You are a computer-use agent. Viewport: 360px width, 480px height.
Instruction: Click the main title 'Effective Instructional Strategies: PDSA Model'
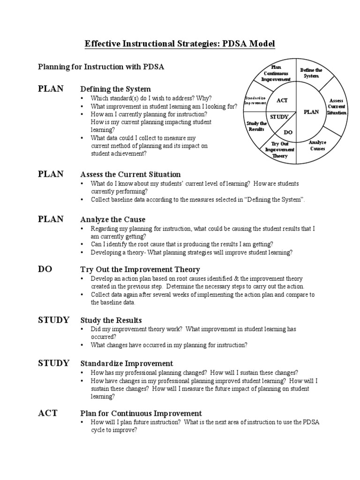pyautogui.click(x=180, y=44)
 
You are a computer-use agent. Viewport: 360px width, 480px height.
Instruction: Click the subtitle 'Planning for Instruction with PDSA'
pyautogui.click(x=101, y=67)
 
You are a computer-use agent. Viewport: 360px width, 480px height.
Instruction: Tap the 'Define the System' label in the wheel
pyautogui.click(x=311, y=73)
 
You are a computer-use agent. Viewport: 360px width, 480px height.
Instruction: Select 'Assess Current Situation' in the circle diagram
pyautogui.click(x=337, y=107)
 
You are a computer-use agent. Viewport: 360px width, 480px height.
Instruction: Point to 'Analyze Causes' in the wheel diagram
pyautogui.click(x=318, y=145)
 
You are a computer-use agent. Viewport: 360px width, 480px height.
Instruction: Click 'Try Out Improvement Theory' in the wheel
pyautogui.click(x=279, y=150)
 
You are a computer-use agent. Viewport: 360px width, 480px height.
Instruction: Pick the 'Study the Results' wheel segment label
pyautogui.click(x=256, y=126)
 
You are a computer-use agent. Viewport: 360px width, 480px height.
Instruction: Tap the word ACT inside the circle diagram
pyautogui.click(x=282, y=100)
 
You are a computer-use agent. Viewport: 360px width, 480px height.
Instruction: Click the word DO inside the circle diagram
pyautogui.click(x=288, y=132)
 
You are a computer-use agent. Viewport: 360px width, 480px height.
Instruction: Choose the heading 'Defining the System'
pyautogui.click(x=116, y=89)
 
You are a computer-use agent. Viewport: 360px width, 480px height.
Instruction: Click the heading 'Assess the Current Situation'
pyautogui.click(x=130, y=174)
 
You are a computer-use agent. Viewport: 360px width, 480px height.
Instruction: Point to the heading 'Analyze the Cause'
pyautogui.click(x=113, y=219)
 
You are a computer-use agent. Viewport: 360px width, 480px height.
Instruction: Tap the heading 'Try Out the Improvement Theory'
pyautogui.click(x=140, y=270)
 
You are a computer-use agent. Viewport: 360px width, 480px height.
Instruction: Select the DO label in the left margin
pyautogui.click(x=45, y=269)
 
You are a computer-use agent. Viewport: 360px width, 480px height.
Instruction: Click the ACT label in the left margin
pyautogui.click(x=47, y=413)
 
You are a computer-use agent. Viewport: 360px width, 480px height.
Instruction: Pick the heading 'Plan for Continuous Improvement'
pyautogui.click(x=141, y=413)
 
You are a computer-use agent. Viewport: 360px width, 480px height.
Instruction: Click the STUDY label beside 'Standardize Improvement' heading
pyautogui.click(x=53, y=363)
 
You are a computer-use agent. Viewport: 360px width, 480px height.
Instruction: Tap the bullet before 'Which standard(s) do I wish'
pyautogui.click(x=82, y=98)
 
